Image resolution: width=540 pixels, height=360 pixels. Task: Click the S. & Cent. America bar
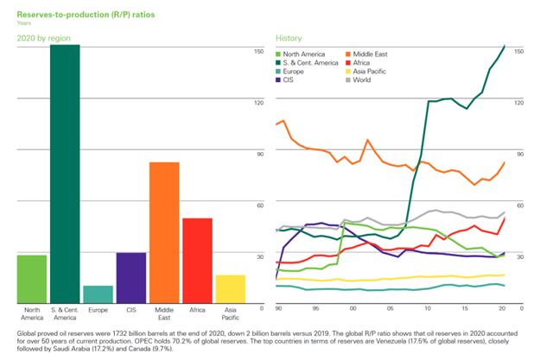pyautogui.click(x=65, y=174)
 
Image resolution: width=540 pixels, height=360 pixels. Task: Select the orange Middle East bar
pyautogui.click(x=164, y=232)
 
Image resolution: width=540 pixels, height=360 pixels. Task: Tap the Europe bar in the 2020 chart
pyautogui.click(x=98, y=294)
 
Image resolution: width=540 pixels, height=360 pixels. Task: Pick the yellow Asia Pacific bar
pyautogui.click(x=231, y=289)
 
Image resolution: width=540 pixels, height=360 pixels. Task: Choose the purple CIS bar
pyautogui.click(x=131, y=278)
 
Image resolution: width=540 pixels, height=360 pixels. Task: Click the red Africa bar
pyautogui.click(x=197, y=261)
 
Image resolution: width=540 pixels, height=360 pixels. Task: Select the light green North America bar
pyautogui.click(x=32, y=279)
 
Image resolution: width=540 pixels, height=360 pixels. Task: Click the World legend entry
pyautogui.click(x=359, y=79)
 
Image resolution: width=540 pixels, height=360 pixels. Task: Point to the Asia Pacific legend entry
pyautogui.click(x=365, y=72)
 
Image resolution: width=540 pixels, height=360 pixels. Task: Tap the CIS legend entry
pyautogui.click(x=285, y=79)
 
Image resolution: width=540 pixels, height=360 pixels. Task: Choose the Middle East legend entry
pyautogui.click(x=366, y=54)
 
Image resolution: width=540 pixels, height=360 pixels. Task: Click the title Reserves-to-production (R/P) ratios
pyautogui.click(x=86, y=15)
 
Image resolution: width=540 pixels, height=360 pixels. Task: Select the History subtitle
pyautogui.click(x=289, y=38)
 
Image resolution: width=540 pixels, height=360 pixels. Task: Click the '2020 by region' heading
pyautogui.click(x=44, y=38)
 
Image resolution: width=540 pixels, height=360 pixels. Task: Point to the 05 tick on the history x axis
pyautogui.click(x=391, y=308)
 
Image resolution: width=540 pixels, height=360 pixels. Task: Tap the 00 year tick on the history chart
pyautogui.click(x=353, y=308)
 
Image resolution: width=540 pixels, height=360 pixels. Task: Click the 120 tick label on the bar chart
pyautogui.click(x=259, y=103)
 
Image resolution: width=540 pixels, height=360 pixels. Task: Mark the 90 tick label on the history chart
pyautogui.click(x=520, y=155)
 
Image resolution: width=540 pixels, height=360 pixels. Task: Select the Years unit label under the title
pyautogui.click(x=24, y=23)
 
